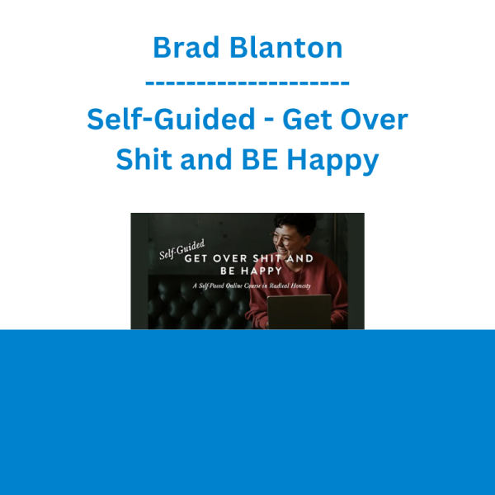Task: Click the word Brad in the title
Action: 186,47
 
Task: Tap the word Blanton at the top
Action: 286,47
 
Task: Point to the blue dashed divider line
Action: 247,83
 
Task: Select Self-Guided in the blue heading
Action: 171,119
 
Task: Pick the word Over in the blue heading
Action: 374,119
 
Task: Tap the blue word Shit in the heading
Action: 144,158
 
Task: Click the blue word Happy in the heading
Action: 332,161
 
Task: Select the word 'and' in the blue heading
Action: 206,158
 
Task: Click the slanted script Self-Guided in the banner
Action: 182,250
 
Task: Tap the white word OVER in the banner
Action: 230,258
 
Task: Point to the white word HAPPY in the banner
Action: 262,271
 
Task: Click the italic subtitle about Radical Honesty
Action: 252,285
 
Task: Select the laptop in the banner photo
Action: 299,312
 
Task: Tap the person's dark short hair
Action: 295,224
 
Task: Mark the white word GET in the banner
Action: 196,258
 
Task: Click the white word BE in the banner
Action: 228,271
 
